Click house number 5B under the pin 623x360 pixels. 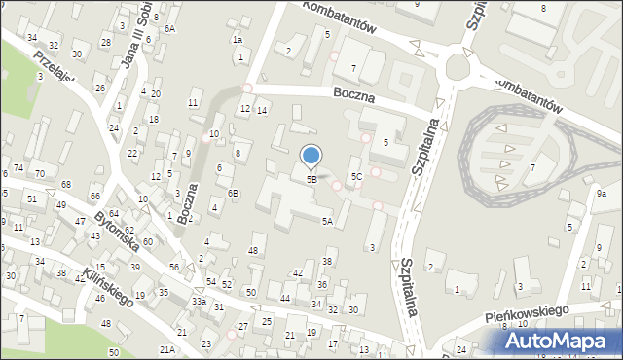311,179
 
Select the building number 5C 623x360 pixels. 357,176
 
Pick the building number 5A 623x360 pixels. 328,222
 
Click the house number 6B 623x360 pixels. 234,193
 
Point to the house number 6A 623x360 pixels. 169,29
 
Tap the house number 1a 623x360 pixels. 237,40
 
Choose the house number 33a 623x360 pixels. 199,302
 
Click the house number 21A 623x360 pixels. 167,348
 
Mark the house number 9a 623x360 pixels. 602,194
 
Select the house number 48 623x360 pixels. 253,251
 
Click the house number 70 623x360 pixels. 40,174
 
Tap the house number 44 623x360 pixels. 285,297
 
